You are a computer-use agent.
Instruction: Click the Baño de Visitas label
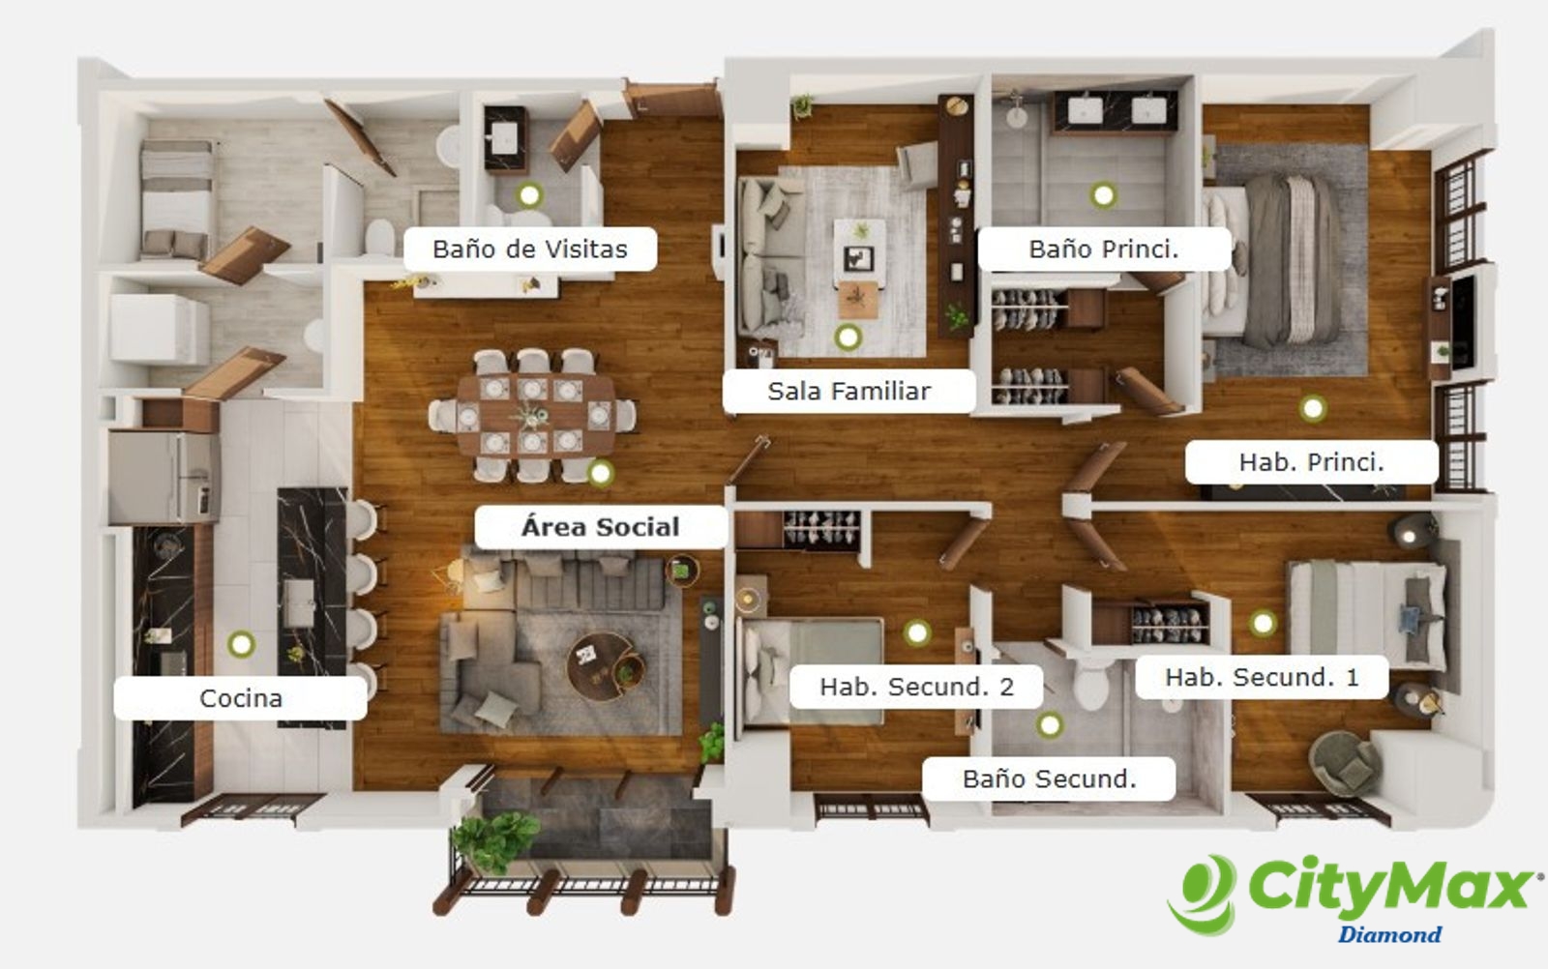click(530, 249)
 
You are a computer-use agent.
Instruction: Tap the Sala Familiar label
click(848, 391)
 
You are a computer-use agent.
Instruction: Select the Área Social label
click(600, 527)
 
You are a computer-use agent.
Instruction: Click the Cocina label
click(241, 697)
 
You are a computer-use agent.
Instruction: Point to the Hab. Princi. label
click(1312, 461)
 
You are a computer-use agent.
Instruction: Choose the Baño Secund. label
click(1049, 778)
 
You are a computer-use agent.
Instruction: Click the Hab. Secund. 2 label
click(916, 687)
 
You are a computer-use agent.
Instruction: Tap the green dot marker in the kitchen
click(241, 644)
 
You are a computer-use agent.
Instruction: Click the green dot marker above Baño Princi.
click(1103, 195)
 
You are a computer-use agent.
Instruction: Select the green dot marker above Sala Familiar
click(848, 338)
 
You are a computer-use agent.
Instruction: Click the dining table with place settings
click(535, 415)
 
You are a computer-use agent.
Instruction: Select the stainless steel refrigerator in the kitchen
click(164, 476)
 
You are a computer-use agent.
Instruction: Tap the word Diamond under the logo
click(1389, 934)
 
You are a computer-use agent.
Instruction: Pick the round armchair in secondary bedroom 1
click(1344, 763)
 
